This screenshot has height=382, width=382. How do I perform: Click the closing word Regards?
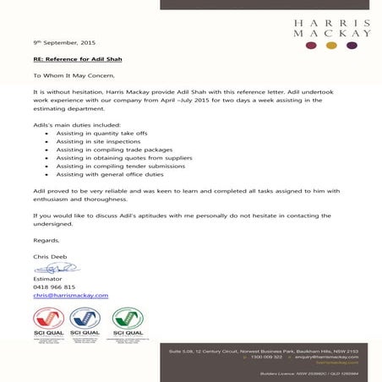(48, 242)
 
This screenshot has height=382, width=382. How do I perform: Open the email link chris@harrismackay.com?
(71, 296)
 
